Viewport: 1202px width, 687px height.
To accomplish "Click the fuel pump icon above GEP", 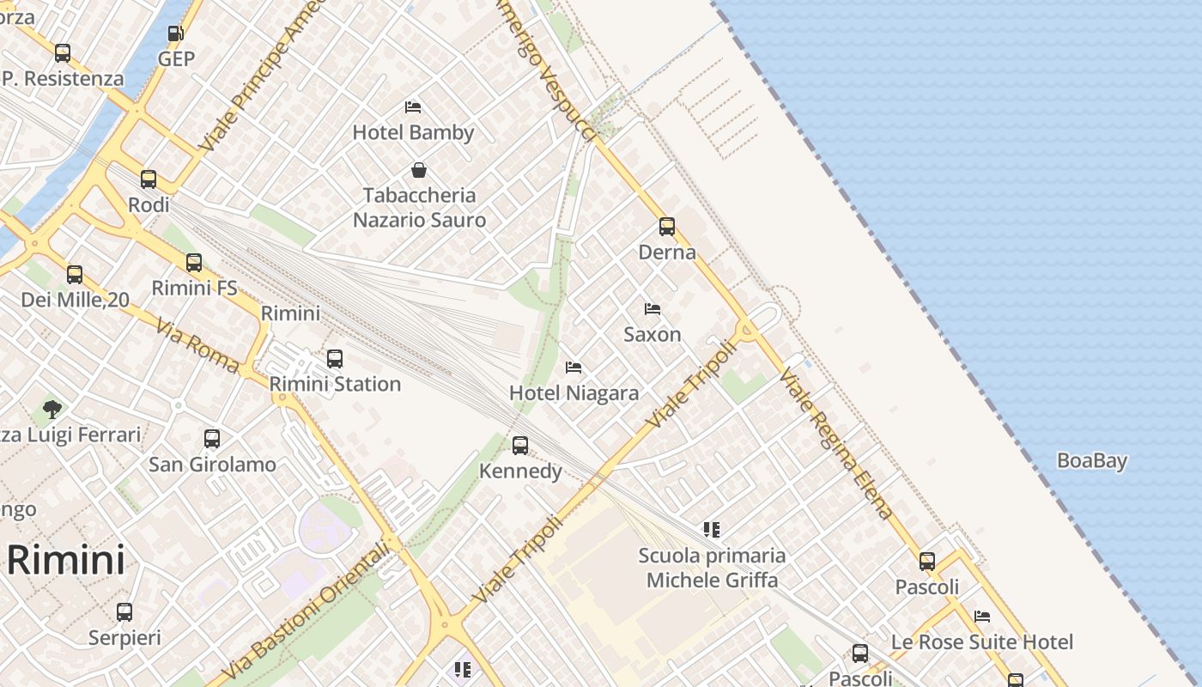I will coord(175,33).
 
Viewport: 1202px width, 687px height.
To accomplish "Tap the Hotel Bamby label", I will coord(413,132).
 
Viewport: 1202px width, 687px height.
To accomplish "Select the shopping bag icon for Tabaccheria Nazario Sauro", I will coord(419,170).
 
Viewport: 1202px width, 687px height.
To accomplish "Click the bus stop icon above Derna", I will coord(667,227).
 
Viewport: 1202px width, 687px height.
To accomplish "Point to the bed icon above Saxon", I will coord(653,309).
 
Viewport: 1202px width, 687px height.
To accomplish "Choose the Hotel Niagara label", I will coord(574,393).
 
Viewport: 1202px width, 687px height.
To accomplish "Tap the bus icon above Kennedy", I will coord(520,446).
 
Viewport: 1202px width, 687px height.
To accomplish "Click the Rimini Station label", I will coord(335,384).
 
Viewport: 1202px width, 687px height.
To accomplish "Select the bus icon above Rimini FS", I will coord(194,263).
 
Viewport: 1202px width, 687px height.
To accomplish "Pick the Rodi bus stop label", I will coord(149,205).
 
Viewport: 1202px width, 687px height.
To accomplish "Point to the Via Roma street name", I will coord(197,346).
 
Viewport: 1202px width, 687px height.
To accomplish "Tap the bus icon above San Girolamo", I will coord(212,439).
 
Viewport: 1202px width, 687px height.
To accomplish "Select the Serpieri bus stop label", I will coord(124,638).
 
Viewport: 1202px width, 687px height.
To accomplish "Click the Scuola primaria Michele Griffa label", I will coord(712,568).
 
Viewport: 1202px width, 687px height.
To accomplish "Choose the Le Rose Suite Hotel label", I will coord(982,641).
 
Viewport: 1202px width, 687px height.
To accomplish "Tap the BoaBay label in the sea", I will coord(1091,460).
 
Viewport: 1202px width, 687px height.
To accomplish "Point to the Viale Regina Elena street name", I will coord(837,444).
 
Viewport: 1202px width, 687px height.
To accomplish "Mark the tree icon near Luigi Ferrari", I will coord(52,409).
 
